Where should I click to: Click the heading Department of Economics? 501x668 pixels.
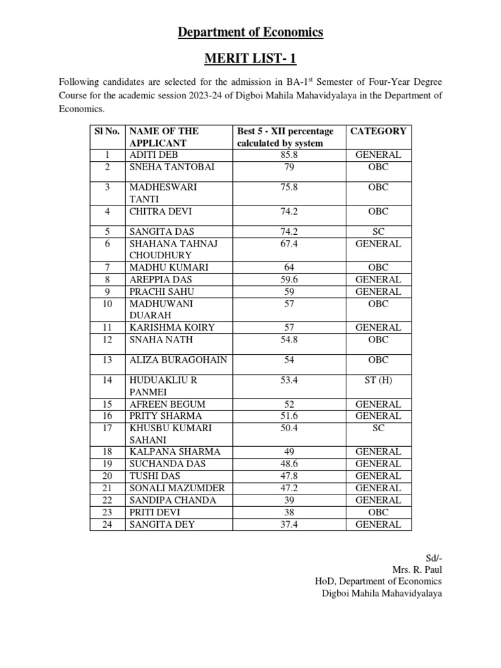point(250,32)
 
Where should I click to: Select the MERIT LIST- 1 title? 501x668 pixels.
point(250,59)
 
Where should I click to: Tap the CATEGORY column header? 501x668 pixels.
point(378,130)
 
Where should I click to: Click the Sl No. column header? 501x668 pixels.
point(108,130)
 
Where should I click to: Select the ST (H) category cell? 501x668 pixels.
point(378,380)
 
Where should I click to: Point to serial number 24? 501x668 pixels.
point(108,524)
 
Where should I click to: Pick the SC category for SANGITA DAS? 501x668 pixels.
point(378,232)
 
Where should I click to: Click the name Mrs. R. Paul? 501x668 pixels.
point(417,569)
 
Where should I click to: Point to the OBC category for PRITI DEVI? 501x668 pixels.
point(378,512)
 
